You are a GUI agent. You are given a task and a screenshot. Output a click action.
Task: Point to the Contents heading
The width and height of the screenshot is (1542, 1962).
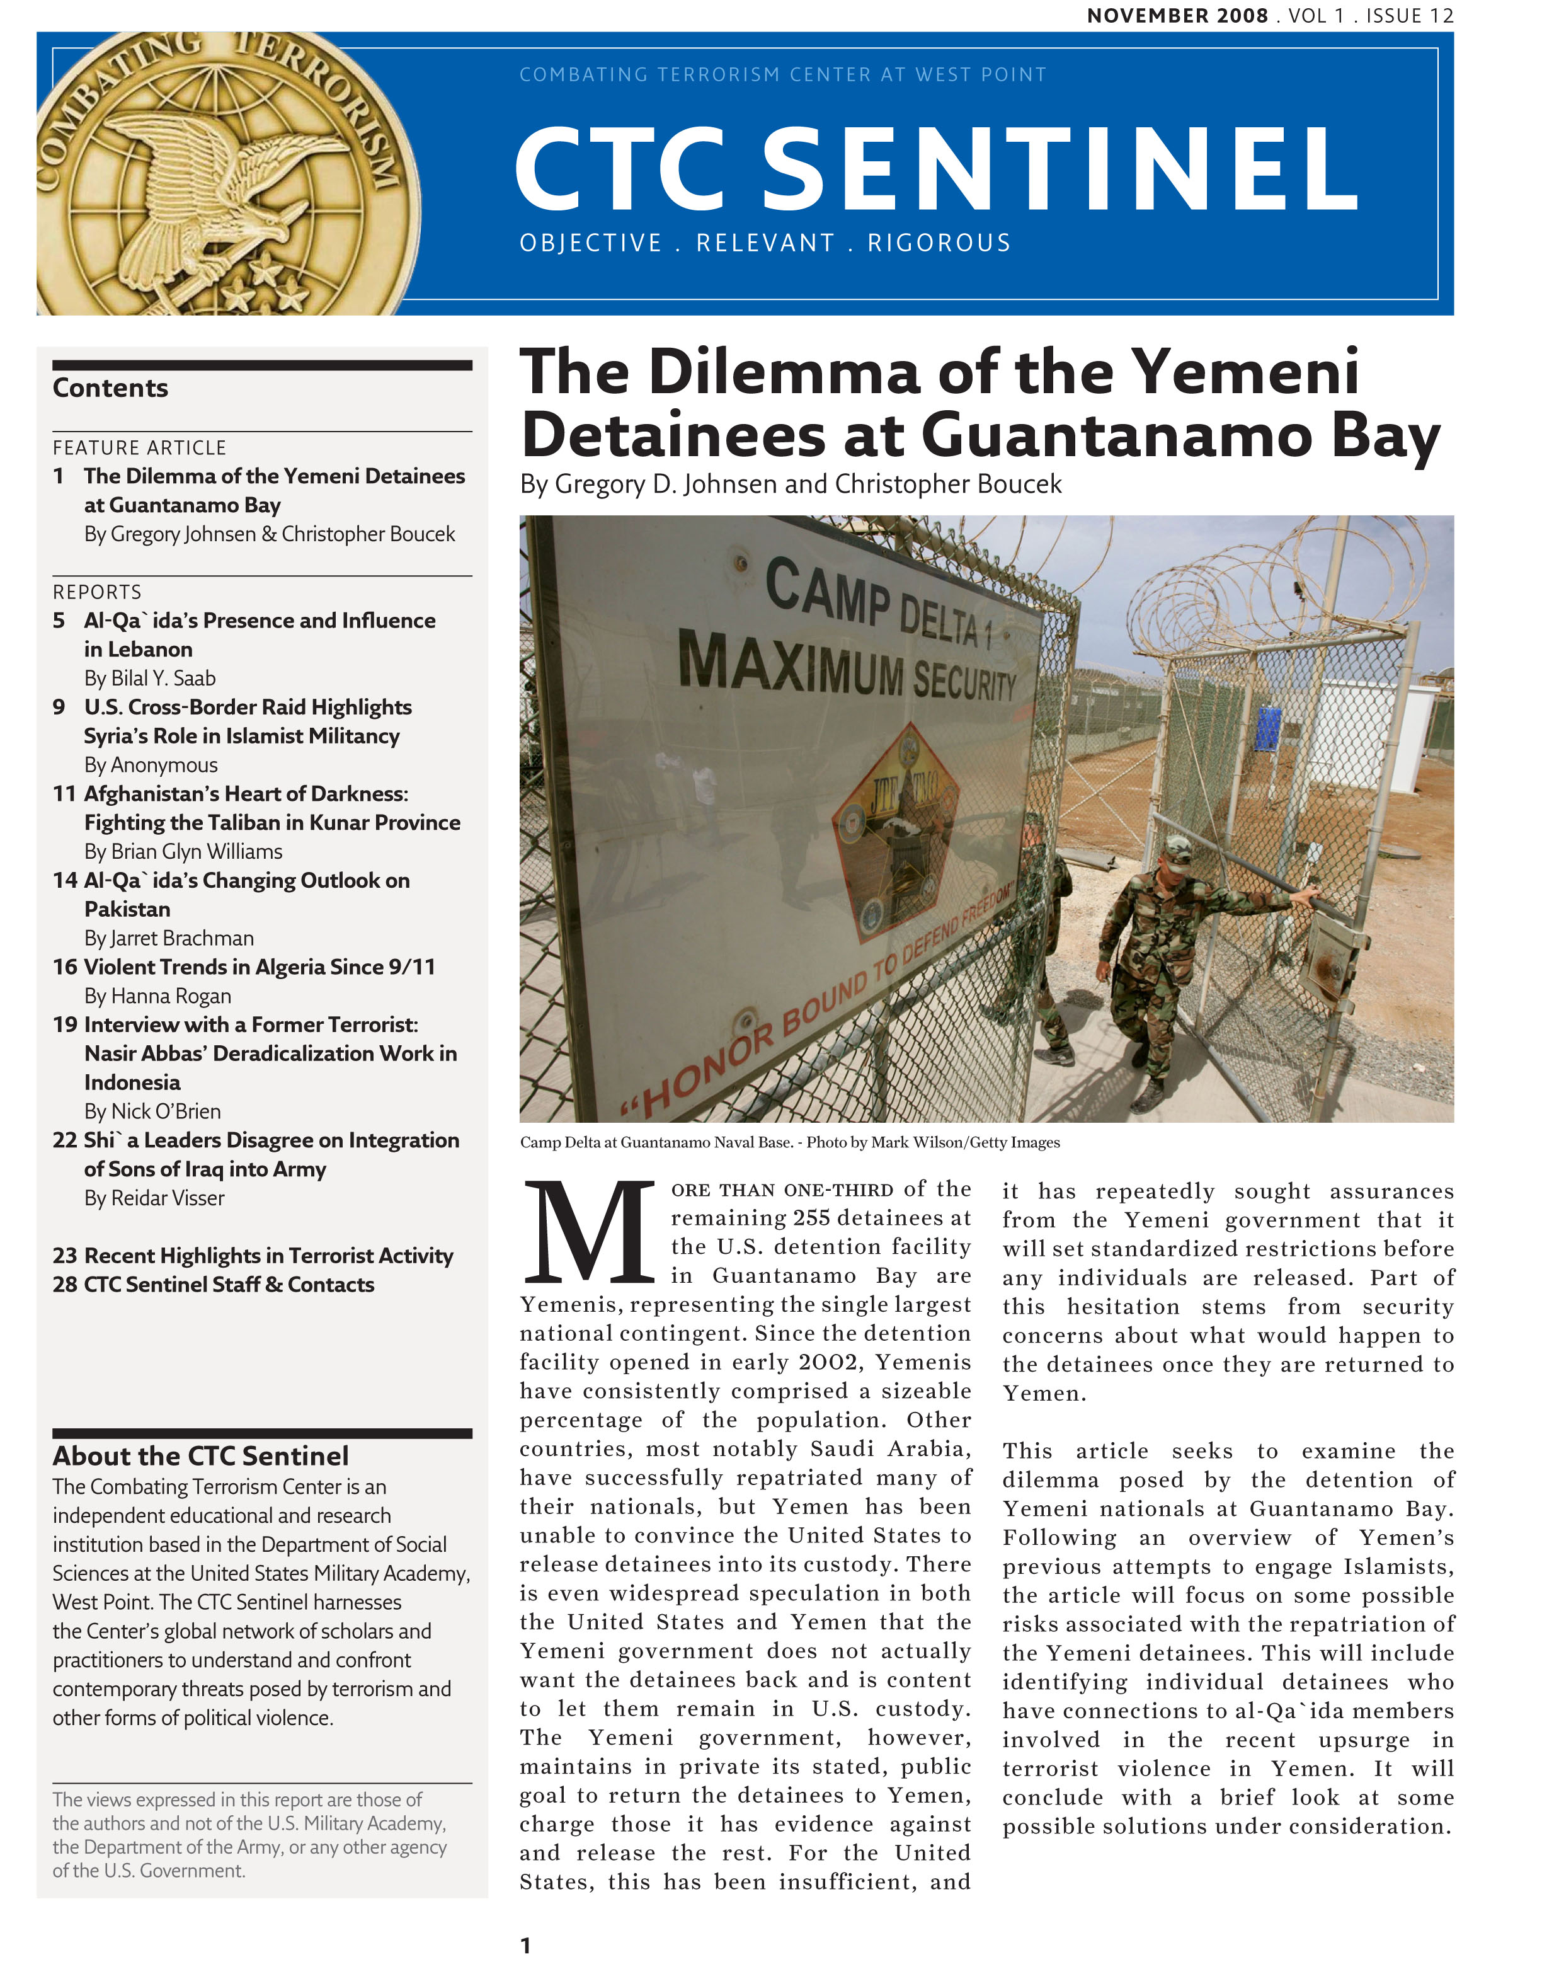click(110, 388)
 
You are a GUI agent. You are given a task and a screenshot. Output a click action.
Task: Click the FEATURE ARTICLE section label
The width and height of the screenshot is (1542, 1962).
click(139, 448)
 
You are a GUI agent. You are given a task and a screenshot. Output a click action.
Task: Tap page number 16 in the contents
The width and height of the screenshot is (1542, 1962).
click(65, 967)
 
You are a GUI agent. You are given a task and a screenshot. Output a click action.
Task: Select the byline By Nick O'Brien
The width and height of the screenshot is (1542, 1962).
click(152, 1111)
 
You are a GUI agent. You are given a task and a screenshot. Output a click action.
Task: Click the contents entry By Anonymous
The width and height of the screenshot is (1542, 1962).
click(151, 765)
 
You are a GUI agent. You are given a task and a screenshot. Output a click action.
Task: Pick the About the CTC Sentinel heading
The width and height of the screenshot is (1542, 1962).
click(200, 1456)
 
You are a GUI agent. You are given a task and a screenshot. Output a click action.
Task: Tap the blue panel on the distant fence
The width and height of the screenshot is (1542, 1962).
click(1269, 730)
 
